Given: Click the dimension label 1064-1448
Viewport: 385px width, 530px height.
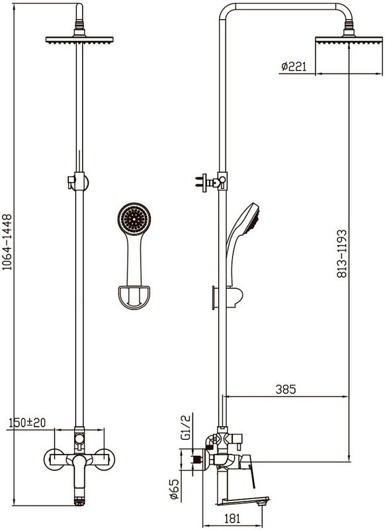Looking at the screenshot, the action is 7,242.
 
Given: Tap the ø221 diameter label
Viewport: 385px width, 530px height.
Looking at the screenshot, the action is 294,67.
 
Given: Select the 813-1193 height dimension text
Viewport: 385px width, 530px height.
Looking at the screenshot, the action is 341,254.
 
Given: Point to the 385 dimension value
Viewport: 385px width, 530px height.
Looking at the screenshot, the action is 286,389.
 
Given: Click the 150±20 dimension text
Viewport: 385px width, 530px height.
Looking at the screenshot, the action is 27,423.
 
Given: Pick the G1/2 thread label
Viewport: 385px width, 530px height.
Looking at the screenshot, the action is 186,427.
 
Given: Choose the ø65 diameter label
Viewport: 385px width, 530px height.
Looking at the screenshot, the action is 174,488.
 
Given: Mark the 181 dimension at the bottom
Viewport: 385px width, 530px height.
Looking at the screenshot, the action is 232,519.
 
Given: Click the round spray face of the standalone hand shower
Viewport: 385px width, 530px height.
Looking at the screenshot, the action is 134,219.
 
